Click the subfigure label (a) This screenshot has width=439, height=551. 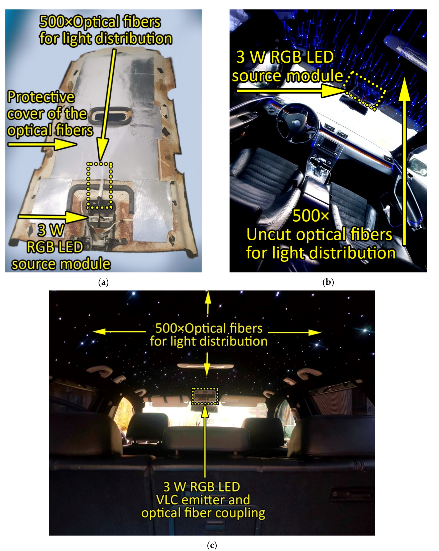click(x=103, y=282)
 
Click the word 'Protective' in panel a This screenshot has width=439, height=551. click(x=41, y=97)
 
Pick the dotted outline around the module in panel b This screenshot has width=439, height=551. click(x=365, y=91)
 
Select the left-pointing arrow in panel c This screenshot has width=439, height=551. click(x=119, y=332)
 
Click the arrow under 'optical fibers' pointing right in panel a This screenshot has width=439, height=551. click(x=42, y=145)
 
